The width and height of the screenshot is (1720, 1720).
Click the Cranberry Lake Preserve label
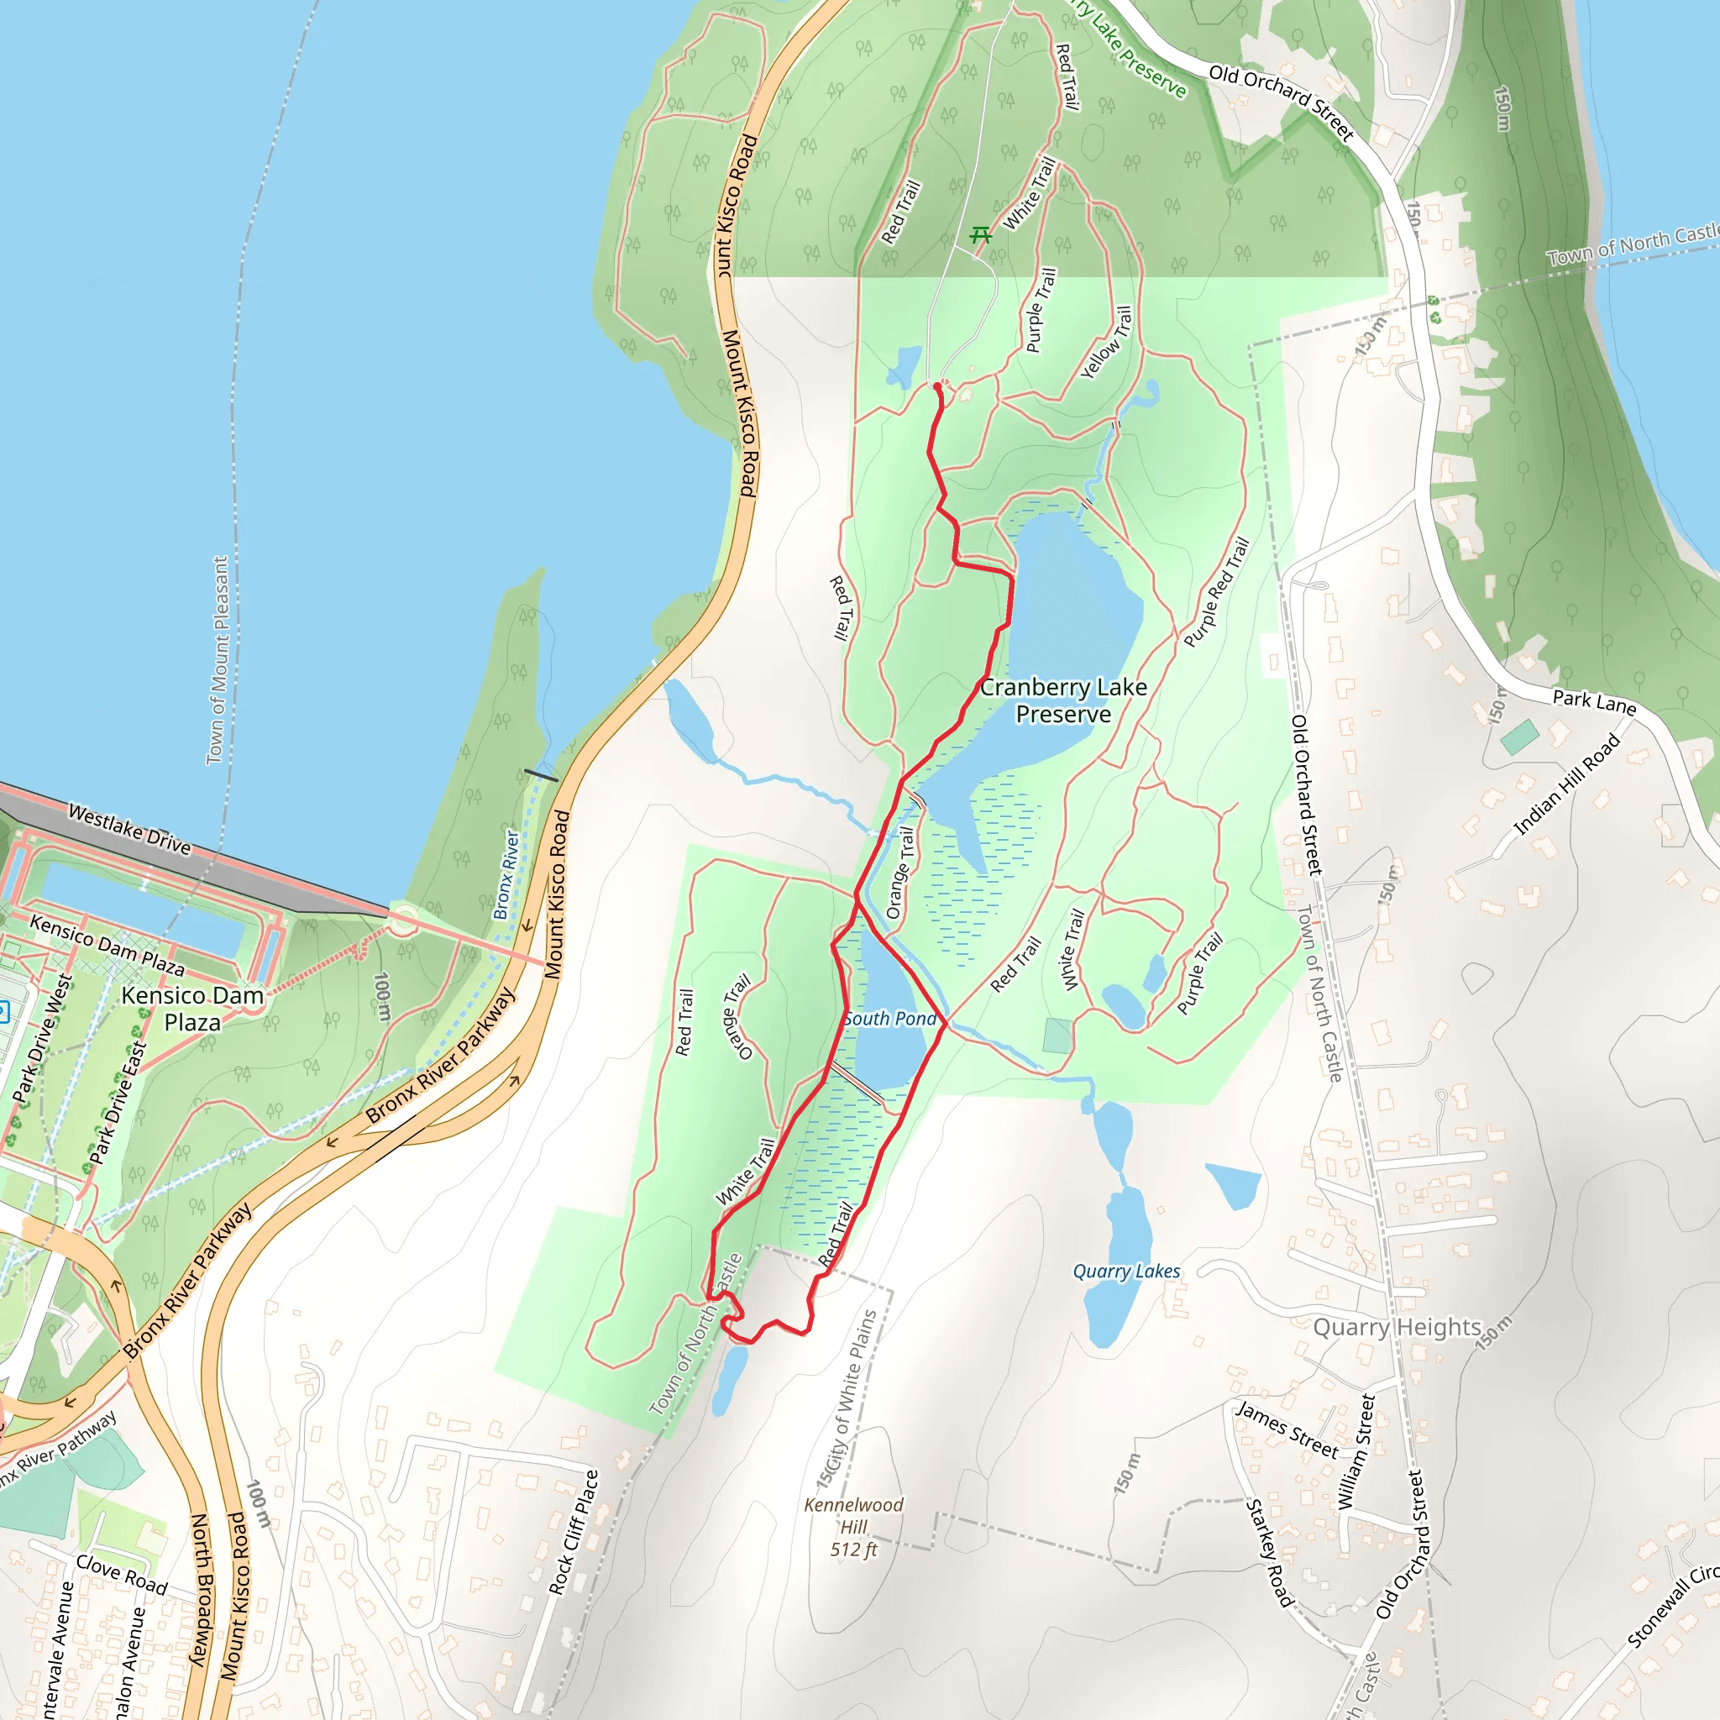coord(1063,700)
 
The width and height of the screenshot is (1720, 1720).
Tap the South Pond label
coord(889,1019)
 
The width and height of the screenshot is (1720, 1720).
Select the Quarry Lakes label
coord(1126,1272)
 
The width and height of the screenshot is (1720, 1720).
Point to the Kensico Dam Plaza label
coord(192,1009)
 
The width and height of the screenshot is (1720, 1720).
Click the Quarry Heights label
coord(1397,1328)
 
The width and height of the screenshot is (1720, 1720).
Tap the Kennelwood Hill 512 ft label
coord(854,1527)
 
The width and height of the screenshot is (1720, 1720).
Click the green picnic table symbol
coord(980,235)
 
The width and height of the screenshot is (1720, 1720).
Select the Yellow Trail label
coord(1107,342)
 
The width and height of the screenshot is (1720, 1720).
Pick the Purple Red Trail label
coord(1216,593)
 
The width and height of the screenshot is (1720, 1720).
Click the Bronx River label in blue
coord(506,875)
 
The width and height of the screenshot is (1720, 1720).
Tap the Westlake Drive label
coord(129,830)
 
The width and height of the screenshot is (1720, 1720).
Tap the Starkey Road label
coord(1269,1553)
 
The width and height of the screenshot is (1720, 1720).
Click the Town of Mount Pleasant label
coord(218,659)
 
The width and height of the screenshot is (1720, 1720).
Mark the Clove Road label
coord(122,1574)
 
